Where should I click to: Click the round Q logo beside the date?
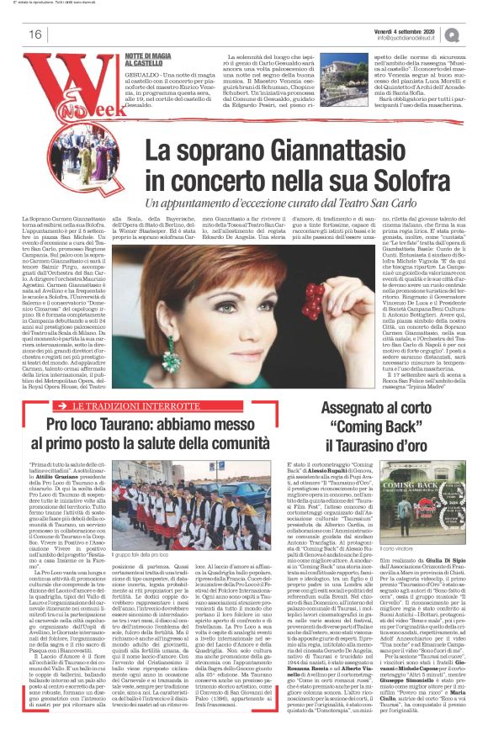point(476,33)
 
